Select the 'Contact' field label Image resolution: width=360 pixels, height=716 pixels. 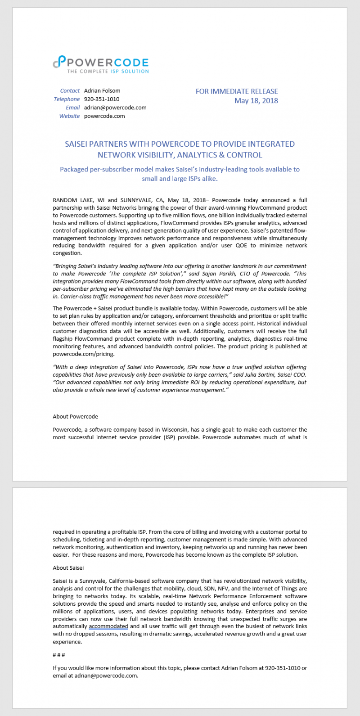pos(70,90)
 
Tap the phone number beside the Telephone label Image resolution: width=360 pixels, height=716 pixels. pos(102,99)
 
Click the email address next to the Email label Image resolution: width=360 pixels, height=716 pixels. pos(115,108)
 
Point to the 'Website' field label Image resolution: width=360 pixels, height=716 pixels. pos(69,116)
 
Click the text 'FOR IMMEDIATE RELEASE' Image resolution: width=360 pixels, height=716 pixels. pos(237,91)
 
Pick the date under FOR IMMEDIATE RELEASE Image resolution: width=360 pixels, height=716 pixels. pos(256,100)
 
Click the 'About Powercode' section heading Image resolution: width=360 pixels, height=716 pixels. pos(75,416)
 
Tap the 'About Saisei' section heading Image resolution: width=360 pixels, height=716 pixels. pos(68,568)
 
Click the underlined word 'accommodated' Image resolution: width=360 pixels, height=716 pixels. pos(108,626)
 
